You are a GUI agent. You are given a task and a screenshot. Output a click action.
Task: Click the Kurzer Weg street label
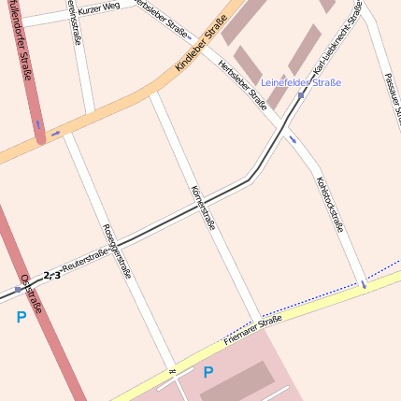click(100, 8)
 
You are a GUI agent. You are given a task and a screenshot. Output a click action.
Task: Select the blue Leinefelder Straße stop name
click(300, 82)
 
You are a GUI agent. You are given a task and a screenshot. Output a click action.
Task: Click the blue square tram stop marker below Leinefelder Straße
click(301, 95)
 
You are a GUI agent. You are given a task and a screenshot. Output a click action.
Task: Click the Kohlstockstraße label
click(330, 204)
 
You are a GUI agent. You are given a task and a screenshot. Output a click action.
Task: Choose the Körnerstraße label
click(203, 208)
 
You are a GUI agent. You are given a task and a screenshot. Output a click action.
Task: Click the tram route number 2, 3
click(52, 275)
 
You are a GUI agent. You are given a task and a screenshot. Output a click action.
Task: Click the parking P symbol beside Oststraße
click(21, 318)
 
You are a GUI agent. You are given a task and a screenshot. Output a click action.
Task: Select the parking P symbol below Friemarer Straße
click(208, 372)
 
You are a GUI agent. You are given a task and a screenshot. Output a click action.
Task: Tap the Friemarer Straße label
click(252, 331)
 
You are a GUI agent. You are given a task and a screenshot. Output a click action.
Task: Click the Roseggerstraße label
click(117, 251)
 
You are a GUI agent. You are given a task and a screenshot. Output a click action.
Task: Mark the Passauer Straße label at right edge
click(393, 93)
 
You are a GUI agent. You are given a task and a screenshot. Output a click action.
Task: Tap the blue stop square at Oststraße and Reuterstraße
click(18, 290)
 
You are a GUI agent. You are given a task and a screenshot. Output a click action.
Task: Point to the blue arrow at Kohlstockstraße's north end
click(294, 139)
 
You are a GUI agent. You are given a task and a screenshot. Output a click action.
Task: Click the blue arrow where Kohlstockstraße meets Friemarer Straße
click(363, 283)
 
